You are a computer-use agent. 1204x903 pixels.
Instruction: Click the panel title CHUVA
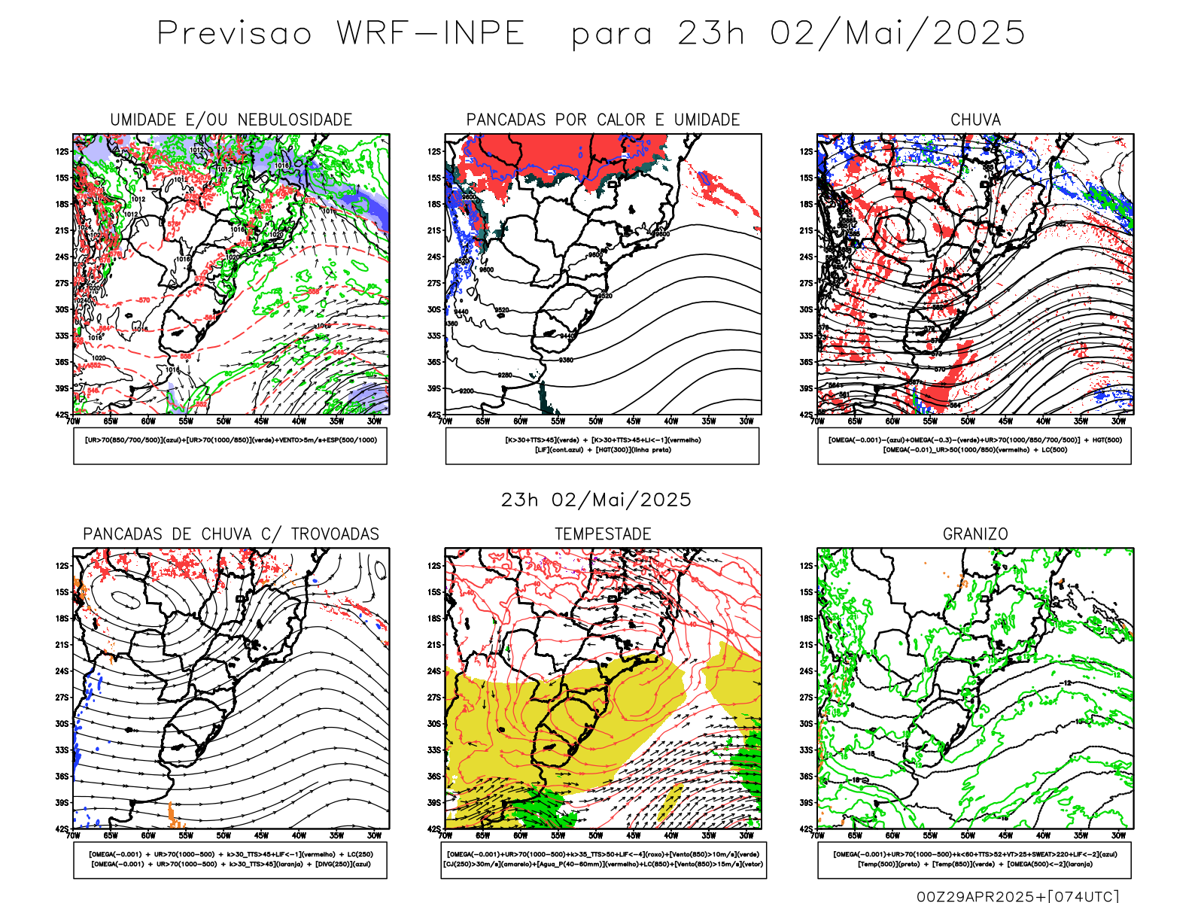(975, 120)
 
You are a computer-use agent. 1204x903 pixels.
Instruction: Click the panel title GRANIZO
(975, 534)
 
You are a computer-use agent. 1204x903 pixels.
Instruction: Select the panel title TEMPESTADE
(603, 534)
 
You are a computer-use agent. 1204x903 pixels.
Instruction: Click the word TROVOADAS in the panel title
(335, 534)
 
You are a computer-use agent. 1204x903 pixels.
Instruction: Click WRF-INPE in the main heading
(430, 33)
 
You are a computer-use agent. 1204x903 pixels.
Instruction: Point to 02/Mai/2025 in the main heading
(898, 33)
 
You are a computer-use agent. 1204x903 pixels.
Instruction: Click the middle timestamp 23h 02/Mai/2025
(596, 500)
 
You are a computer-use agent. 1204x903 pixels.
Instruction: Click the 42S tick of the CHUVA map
(806, 415)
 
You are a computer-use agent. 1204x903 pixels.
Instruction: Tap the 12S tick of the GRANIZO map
(806, 566)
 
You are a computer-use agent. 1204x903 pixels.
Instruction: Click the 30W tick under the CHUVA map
(1118, 421)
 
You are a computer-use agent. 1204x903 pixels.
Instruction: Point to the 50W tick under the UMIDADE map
(223, 421)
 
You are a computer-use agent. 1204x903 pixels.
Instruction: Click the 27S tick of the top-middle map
(434, 283)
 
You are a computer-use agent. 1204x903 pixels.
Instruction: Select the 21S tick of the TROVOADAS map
(62, 645)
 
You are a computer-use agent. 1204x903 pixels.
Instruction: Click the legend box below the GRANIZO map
(974, 859)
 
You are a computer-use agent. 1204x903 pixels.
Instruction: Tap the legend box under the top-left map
(230, 445)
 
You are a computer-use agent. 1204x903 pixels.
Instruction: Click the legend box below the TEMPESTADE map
(603, 859)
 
